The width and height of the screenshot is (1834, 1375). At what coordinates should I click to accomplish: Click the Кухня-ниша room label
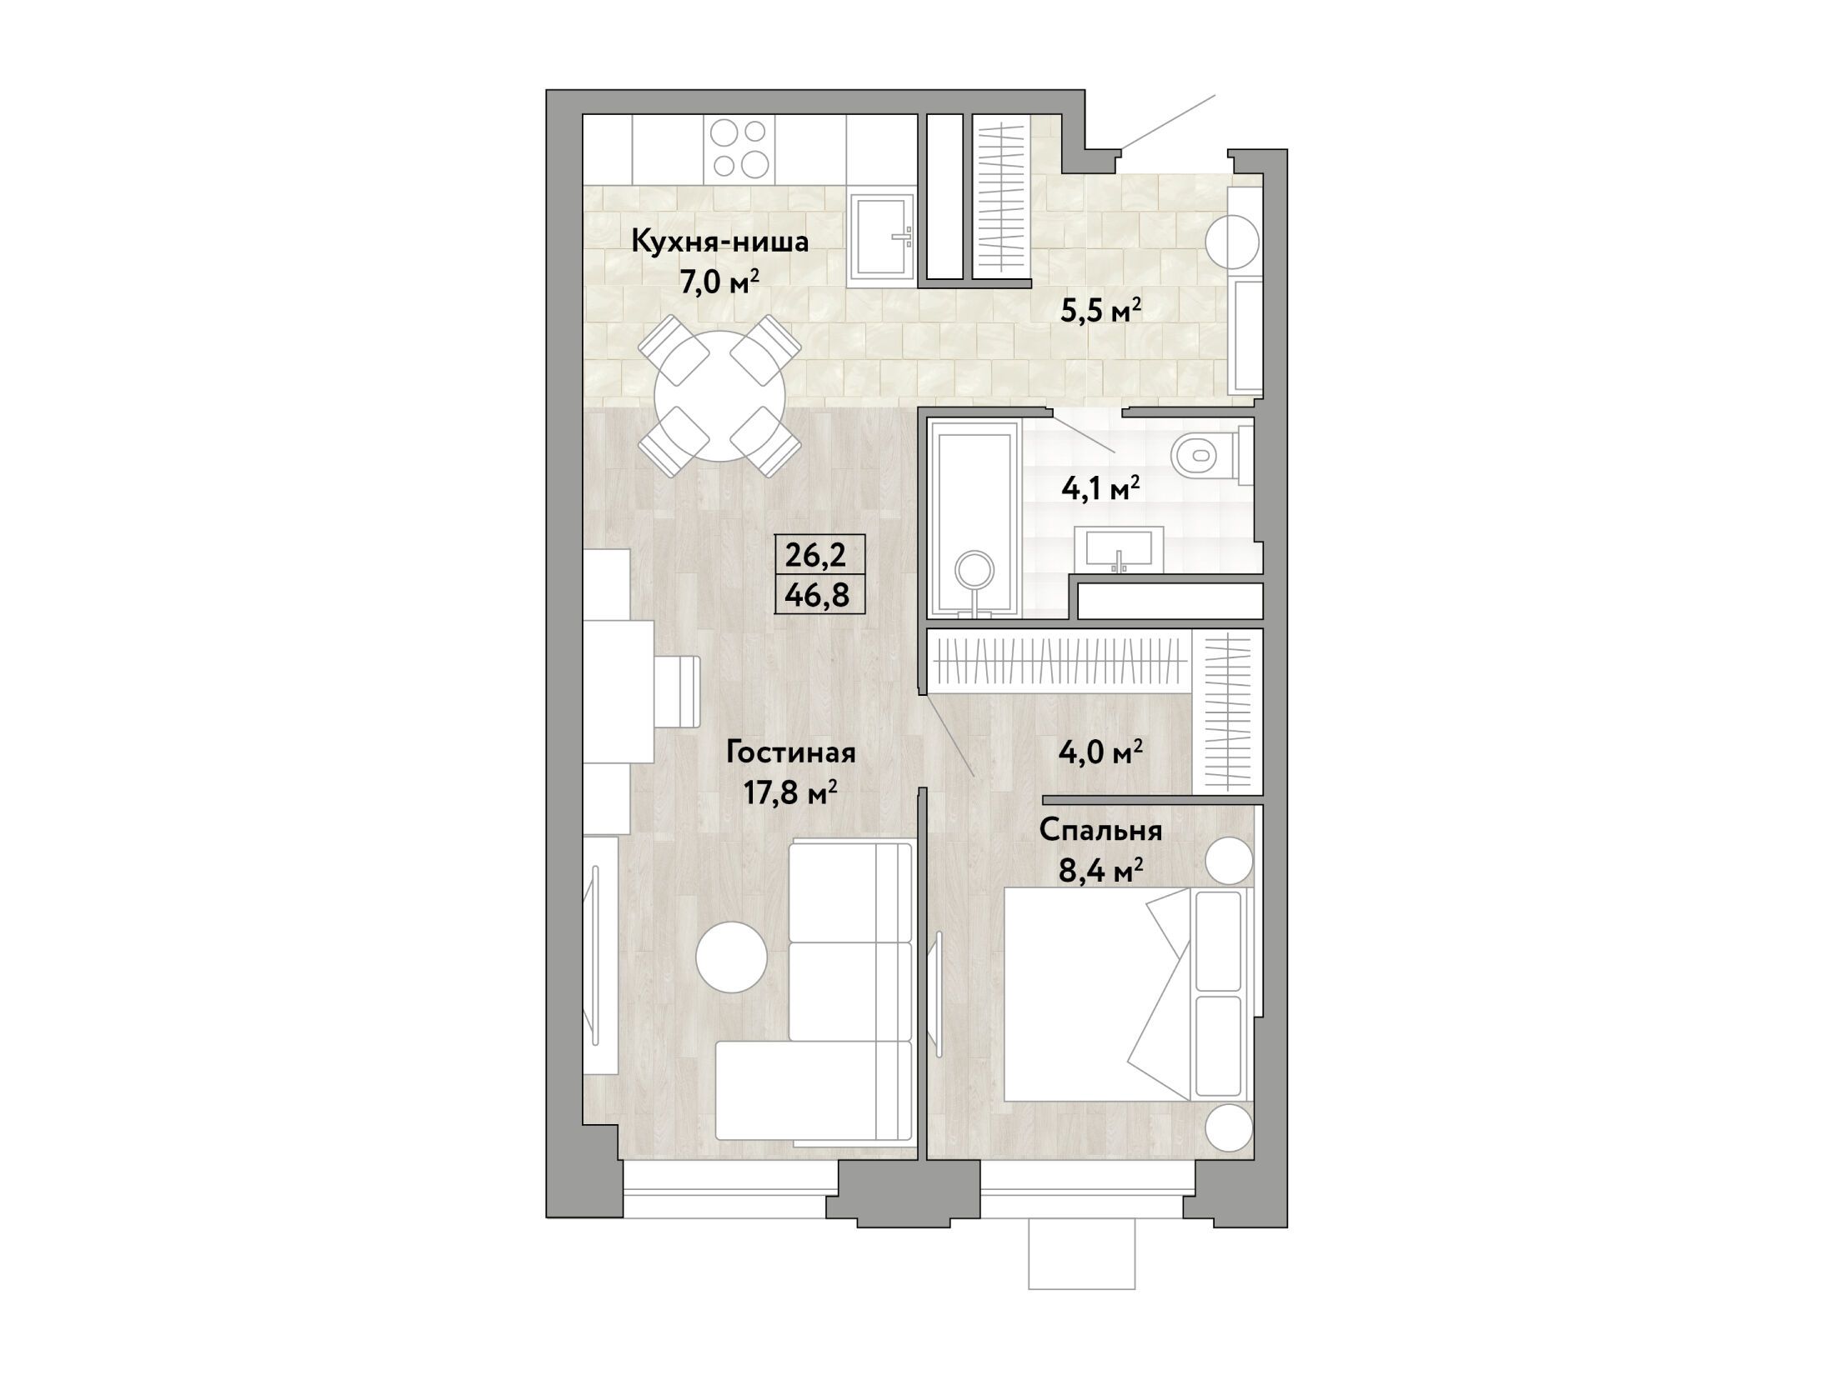(x=720, y=242)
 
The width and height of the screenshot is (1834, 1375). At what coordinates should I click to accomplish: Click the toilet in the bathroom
(x=1210, y=456)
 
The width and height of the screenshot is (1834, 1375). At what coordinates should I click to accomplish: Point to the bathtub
(x=974, y=518)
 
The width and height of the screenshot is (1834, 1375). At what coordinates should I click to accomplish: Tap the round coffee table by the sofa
(x=731, y=956)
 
